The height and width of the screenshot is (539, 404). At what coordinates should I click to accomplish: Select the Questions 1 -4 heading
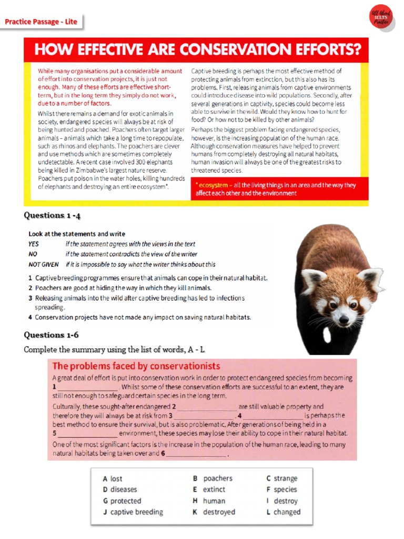click(x=52, y=215)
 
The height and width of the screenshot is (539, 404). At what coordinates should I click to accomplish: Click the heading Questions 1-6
click(x=51, y=335)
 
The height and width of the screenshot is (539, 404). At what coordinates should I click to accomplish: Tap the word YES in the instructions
click(x=34, y=244)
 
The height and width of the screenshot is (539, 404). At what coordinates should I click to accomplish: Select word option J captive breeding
click(x=133, y=512)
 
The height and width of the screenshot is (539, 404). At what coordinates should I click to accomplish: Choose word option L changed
click(x=284, y=512)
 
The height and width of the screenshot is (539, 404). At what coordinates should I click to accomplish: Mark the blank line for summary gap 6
click(x=197, y=454)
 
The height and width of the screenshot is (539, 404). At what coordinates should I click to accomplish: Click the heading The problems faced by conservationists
click(x=136, y=366)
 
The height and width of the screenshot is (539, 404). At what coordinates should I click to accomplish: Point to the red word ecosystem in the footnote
click(x=213, y=185)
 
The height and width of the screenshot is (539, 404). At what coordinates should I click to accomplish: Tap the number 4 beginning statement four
click(x=31, y=317)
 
